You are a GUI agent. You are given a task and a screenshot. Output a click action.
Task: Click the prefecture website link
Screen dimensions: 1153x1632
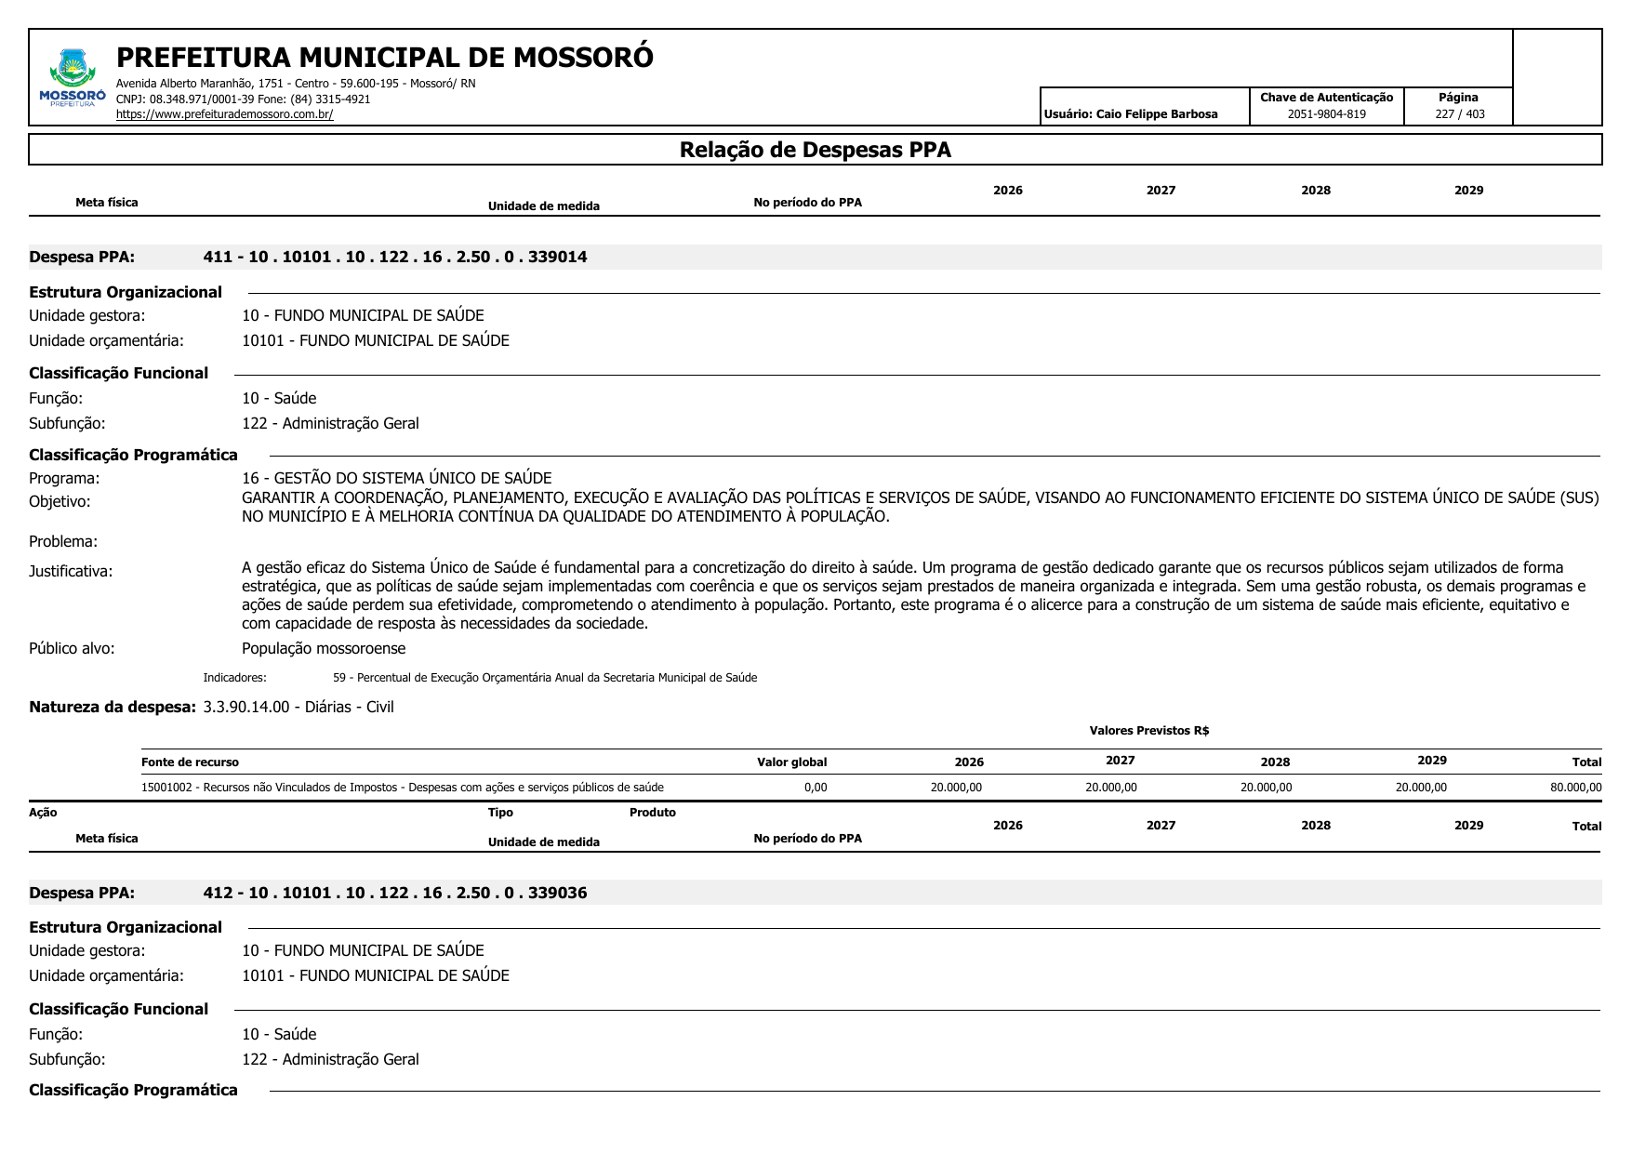[x=224, y=114]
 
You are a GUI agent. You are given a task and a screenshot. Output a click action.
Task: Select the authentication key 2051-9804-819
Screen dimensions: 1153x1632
[x=1326, y=114]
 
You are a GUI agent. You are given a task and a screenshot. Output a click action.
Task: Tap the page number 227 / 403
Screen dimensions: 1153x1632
[x=1459, y=114]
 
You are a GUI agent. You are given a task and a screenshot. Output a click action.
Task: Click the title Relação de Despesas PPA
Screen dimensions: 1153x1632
[x=815, y=150]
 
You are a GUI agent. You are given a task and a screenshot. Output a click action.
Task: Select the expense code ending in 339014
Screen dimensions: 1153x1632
[x=395, y=258]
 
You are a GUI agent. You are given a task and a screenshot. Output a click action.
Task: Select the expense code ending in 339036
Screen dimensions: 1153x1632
[x=395, y=894]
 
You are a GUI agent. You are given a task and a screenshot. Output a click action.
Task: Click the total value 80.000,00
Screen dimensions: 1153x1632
[x=1575, y=788]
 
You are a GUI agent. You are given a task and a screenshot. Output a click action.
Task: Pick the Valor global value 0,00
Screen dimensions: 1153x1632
[x=815, y=788]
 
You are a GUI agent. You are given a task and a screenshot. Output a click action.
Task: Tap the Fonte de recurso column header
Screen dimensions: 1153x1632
[x=190, y=762]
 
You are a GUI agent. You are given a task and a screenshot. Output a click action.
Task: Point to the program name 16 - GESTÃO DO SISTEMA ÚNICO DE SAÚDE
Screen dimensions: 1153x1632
[x=396, y=478]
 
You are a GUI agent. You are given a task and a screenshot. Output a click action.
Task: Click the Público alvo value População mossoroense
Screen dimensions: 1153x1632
[x=324, y=648]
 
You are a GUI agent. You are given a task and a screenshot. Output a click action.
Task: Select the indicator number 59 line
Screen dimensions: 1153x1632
[x=544, y=678]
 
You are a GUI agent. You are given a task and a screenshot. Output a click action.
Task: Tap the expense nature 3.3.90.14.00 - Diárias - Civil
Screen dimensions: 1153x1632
[x=299, y=708]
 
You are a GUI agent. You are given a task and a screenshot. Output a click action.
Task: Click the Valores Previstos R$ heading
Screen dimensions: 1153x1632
[x=1148, y=731]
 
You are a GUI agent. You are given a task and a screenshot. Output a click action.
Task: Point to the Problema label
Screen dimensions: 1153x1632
[x=63, y=541]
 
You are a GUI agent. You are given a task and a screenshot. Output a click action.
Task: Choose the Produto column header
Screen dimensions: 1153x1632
[x=652, y=813]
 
